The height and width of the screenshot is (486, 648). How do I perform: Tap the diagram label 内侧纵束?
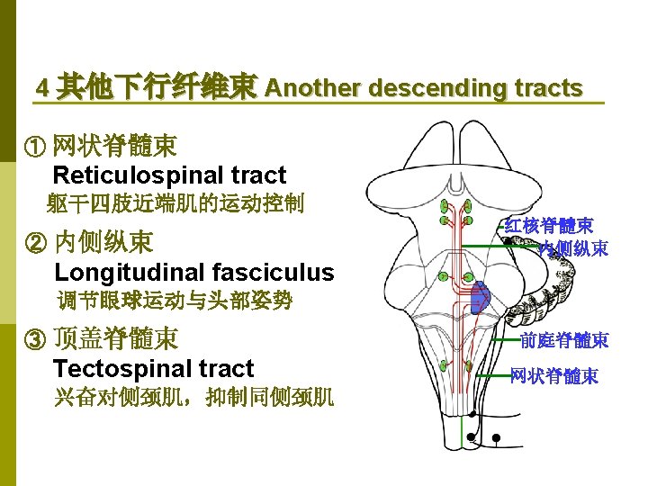tap(573, 247)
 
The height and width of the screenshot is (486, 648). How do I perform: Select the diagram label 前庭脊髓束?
tap(564, 339)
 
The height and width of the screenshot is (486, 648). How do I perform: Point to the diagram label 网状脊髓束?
tap(553, 376)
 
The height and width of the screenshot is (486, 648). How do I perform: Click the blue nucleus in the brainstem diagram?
tap(482, 297)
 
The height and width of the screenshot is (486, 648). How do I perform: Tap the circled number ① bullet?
tap(36, 145)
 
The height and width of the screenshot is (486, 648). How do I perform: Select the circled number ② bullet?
tap(36, 242)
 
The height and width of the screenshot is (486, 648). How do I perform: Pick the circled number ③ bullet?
tap(36, 339)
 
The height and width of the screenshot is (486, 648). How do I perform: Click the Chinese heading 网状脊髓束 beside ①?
tap(114, 145)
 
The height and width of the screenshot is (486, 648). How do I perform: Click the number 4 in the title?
tap(41, 88)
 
